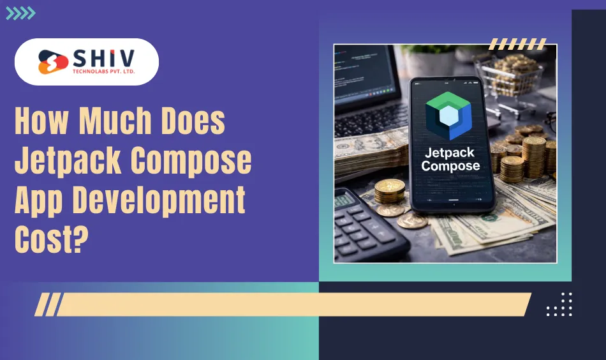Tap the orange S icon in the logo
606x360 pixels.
(x=50, y=62)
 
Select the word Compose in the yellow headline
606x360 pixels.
(x=191, y=161)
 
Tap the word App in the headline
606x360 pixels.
(x=40, y=202)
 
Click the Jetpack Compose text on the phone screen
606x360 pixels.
(x=451, y=159)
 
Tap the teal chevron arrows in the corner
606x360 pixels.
(x=20, y=13)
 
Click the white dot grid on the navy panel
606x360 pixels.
(x=559, y=304)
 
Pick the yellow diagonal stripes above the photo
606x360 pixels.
(x=517, y=44)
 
